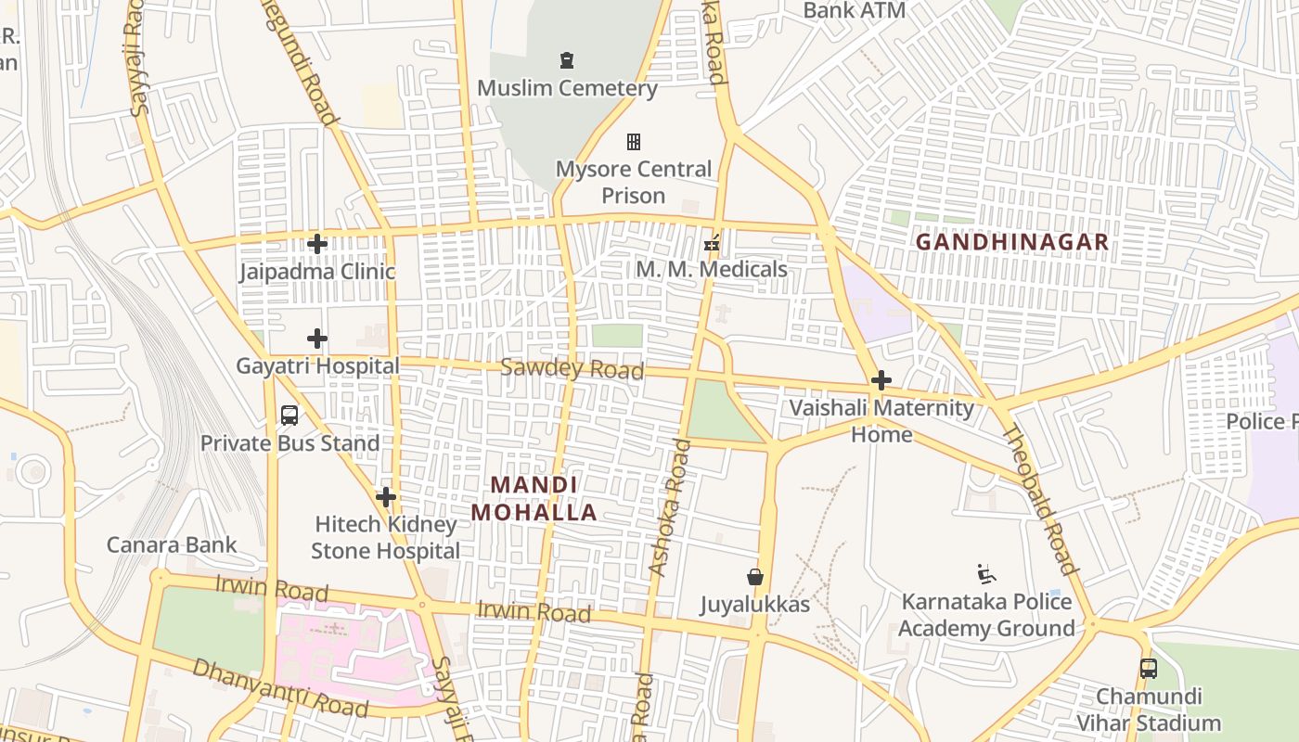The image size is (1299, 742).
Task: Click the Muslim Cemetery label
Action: pos(567,88)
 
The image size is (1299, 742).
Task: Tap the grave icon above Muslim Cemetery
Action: pos(567,61)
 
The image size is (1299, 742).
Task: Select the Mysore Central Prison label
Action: pos(634,182)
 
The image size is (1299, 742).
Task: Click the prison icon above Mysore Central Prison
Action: pos(634,142)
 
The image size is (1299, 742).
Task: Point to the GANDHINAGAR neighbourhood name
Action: pos(1012,242)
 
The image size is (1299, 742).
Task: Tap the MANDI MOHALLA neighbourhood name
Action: pos(534,498)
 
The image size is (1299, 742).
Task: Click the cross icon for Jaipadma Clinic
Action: pos(317,244)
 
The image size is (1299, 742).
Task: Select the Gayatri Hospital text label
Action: pos(317,365)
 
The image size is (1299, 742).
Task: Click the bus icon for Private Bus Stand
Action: pos(289,416)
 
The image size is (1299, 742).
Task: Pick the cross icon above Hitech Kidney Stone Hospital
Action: pos(386,497)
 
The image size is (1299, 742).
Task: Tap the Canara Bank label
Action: pos(172,544)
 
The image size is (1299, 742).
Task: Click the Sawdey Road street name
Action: pos(572,368)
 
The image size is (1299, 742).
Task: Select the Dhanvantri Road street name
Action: pos(280,688)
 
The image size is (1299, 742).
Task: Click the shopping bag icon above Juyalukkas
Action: pos(755,577)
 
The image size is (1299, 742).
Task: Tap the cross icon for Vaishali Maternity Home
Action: pos(881,380)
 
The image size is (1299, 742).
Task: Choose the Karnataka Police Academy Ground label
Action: pos(986,615)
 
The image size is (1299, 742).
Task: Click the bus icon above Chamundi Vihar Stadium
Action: pos(1149,668)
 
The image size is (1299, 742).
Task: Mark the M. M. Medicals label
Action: pos(712,269)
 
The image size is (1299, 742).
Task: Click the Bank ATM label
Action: pos(854,11)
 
